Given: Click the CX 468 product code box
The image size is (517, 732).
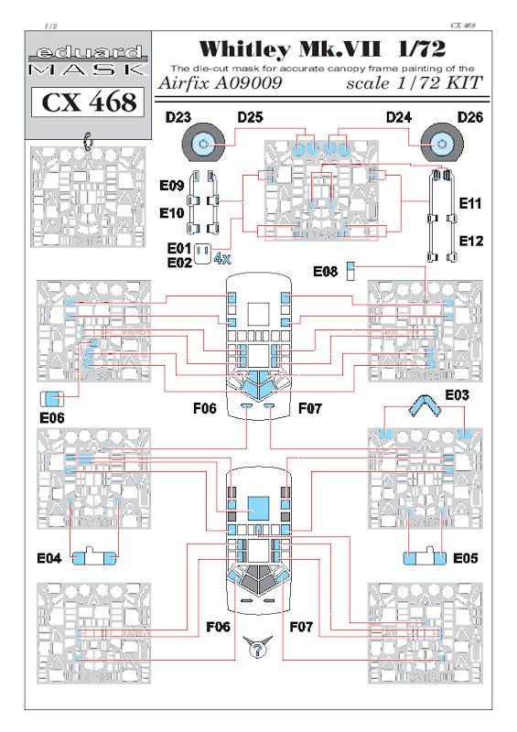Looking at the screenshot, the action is (x=89, y=102).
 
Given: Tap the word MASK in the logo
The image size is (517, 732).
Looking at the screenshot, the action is (x=88, y=70).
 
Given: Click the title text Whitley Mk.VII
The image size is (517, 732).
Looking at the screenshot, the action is (x=290, y=48).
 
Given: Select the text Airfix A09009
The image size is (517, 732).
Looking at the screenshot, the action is (x=221, y=82).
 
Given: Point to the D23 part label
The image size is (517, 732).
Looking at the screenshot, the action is (x=178, y=117).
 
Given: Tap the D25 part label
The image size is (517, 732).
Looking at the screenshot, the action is (x=251, y=117).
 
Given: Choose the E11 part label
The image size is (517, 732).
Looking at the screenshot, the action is (x=469, y=203).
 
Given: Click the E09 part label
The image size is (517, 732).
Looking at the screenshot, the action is (x=171, y=186).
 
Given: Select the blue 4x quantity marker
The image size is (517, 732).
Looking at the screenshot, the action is (x=222, y=258).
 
